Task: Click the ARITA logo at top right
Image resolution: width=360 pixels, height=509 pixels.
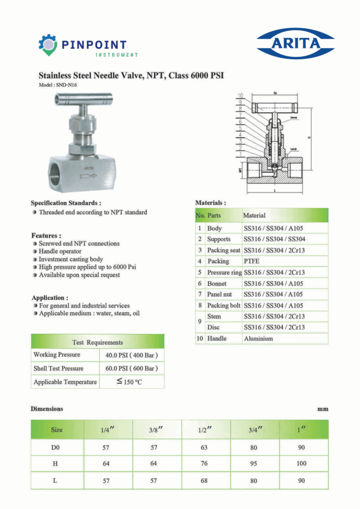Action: point(295,43)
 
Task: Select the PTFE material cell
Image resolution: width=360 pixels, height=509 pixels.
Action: point(252,261)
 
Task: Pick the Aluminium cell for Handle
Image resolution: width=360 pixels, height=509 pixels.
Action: point(258,339)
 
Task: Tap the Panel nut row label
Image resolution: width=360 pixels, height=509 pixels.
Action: point(219,294)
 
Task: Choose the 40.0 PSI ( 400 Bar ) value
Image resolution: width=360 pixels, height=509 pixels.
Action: point(132,355)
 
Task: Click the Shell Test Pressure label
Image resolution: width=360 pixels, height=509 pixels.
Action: point(58,368)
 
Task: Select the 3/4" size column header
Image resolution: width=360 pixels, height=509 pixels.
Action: point(255,429)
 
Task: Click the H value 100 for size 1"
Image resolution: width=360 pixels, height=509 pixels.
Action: point(301,464)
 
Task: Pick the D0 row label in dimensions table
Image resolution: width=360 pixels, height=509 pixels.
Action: point(56,447)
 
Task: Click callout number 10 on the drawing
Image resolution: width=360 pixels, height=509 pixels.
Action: point(240,95)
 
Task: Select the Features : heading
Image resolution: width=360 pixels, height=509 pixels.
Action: point(46,235)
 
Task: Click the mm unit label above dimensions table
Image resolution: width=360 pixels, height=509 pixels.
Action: point(323,410)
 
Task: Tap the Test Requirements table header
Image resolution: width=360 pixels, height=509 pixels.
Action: point(97,342)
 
